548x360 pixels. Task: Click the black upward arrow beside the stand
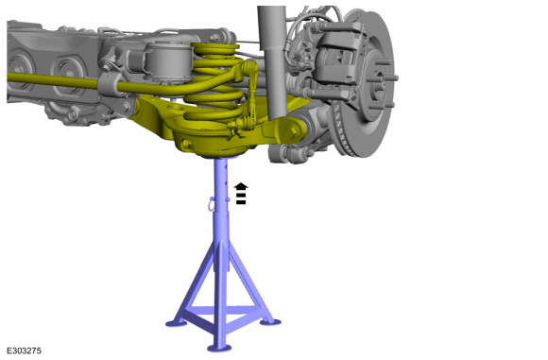241,194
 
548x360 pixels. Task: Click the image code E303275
25,351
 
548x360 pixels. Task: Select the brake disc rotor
364,84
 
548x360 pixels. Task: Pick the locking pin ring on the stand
212,203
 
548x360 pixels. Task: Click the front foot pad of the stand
219,348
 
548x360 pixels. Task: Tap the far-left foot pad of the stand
176,323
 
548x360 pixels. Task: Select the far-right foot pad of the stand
270,321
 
